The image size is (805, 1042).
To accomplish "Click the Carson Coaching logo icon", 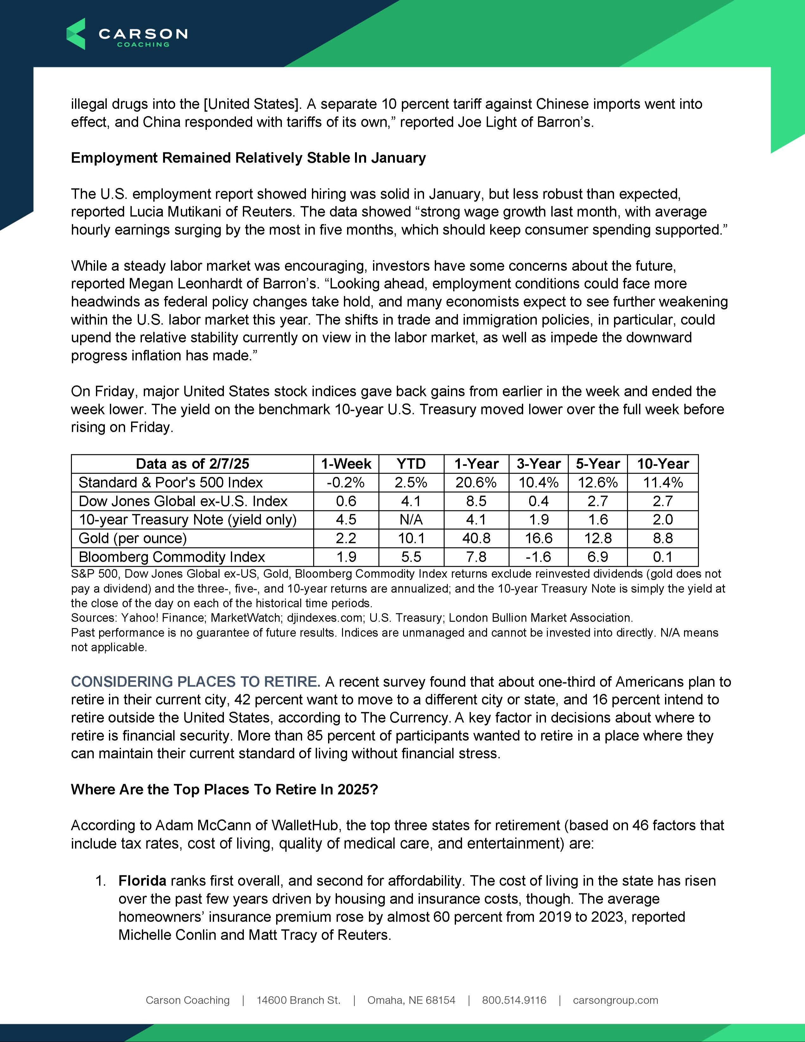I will pyautogui.click(x=76, y=34).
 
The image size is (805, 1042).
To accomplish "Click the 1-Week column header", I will pyautogui.click(x=346, y=464).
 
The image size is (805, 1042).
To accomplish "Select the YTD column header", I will pyautogui.click(x=411, y=464).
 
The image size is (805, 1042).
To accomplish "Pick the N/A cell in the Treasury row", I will pyautogui.click(x=411, y=520).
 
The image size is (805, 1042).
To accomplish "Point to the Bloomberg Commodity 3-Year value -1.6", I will pyautogui.click(x=538, y=557).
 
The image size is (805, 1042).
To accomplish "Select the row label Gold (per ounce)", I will pyautogui.click(x=133, y=538).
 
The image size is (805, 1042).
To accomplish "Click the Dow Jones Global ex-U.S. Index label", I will pyautogui.click(x=183, y=501).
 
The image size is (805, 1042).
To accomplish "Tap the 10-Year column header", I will pyautogui.click(x=663, y=464).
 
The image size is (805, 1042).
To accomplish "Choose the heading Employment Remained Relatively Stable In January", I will pyautogui.click(x=248, y=158).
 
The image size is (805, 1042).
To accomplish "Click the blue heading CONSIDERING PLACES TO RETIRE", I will pyautogui.click(x=195, y=681).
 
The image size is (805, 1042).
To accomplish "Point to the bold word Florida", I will pyautogui.click(x=142, y=881).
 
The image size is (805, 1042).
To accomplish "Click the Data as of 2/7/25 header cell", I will pyautogui.click(x=192, y=464).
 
